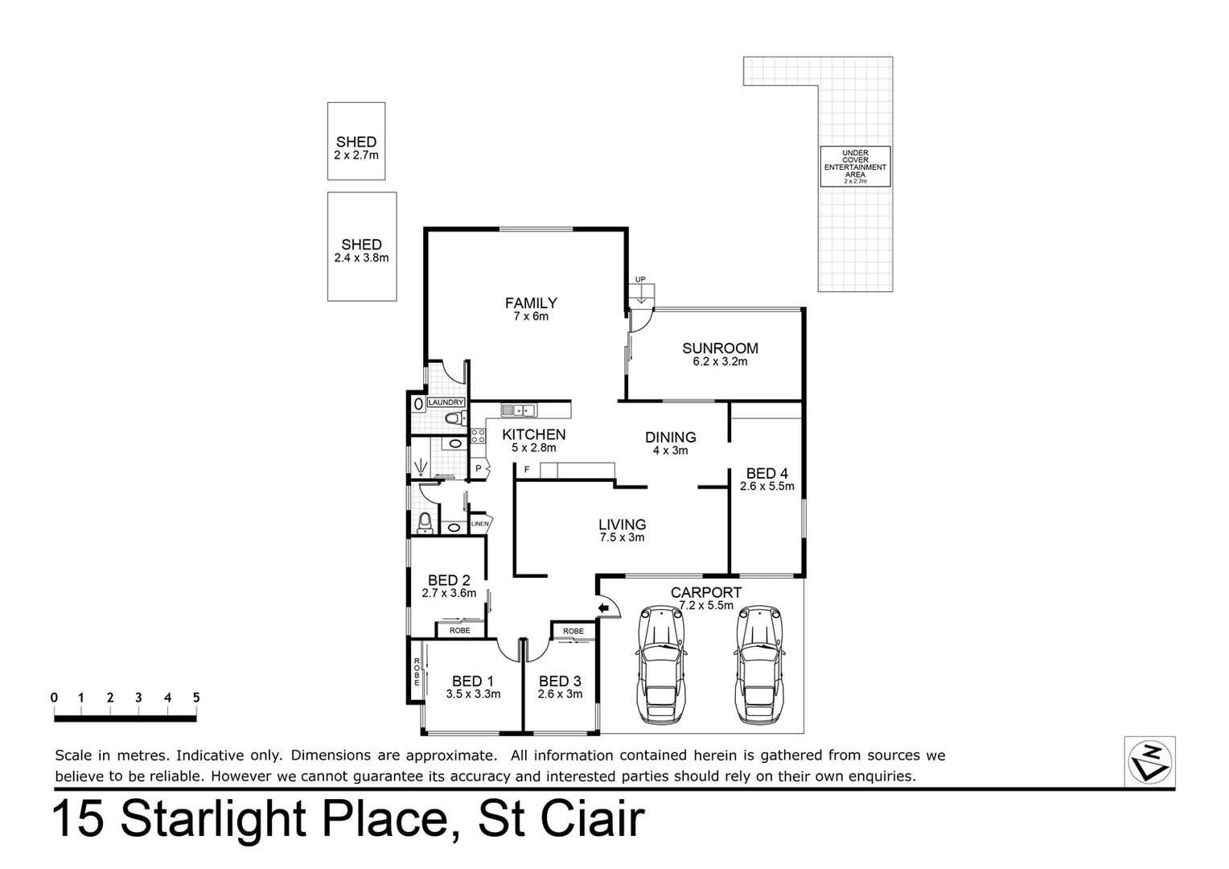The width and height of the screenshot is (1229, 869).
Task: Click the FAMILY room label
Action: pos(531,303)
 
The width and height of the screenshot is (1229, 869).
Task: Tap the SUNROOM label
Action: pos(720,348)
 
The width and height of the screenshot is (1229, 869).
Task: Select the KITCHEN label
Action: pos(534,435)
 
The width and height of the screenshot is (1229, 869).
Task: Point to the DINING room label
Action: pos(670,438)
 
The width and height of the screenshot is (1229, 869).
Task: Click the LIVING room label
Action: pos(622,525)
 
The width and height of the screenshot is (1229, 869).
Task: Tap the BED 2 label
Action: pos(449,580)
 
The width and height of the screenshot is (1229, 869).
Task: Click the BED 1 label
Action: pos(473,682)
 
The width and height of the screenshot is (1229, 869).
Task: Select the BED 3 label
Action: pos(560,682)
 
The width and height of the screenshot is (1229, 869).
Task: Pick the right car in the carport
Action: pos(758,665)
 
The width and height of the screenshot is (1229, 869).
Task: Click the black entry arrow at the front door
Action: pos(602,607)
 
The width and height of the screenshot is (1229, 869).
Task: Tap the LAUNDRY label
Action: pos(446,402)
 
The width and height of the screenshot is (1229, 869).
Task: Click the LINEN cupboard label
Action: pos(479,524)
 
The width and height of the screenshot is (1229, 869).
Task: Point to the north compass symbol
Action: pos(1149,760)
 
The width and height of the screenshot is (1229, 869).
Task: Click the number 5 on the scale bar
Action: pos(195,698)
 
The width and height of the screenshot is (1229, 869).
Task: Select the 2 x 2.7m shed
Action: pos(356,141)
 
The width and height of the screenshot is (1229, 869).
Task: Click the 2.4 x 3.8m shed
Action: pos(362,246)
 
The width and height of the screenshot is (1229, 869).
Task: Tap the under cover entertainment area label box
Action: pos(855,167)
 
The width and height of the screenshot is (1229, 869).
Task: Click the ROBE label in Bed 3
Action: pos(573,631)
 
